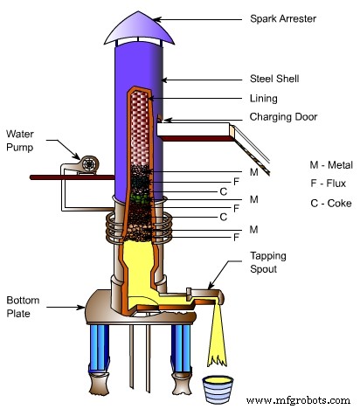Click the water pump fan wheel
(88, 163)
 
